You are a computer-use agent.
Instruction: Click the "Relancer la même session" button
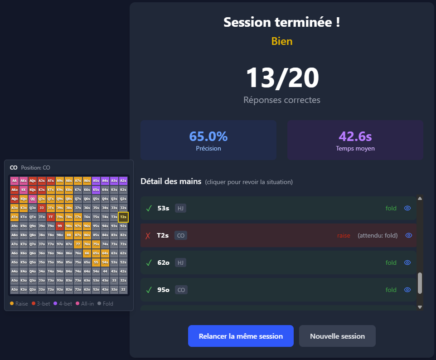click(x=241, y=336)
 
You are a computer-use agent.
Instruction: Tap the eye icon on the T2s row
click(x=409, y=235)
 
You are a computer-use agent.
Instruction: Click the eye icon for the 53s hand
click(x=407, y=208)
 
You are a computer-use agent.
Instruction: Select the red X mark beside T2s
click(x=148, y=235)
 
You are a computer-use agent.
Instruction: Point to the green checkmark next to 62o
click(x=148, y=263)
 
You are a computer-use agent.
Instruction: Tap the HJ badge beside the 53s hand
click(x=180, y=208)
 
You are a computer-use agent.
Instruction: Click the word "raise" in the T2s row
click(x=344, y=235)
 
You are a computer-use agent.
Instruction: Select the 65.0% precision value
click(x=208, y=136)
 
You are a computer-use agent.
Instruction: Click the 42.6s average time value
click(x=355, y=136)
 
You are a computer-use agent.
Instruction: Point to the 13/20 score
click(x=282, y=78)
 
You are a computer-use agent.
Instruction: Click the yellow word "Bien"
click(x=282, y=41)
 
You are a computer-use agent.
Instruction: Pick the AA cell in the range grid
click(x=15, y=180)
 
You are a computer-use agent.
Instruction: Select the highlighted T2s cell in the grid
click(x=123, y=217)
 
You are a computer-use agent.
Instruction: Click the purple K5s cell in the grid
click(x=96, y=190)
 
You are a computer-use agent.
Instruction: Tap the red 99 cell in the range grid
click(x=60, y=226)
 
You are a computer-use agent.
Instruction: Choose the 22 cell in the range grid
click(x=123, y=289)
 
